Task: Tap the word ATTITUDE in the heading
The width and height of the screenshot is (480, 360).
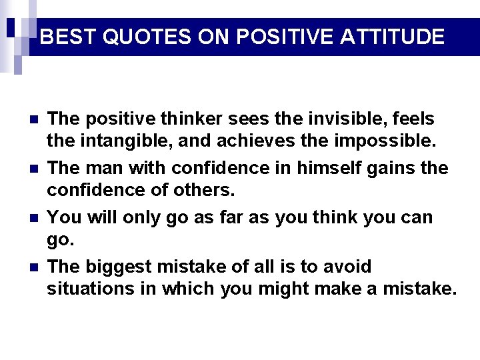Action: [x=392, y=37]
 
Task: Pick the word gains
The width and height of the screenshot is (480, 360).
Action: [x=379, y=169]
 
